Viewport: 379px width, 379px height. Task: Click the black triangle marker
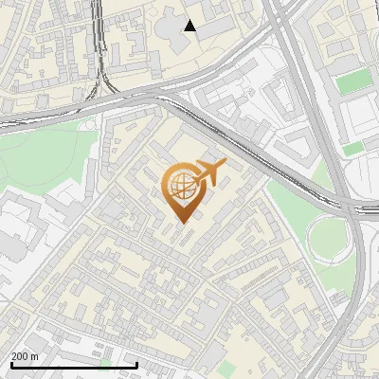click(190, 26)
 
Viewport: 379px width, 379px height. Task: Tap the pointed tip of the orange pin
click(181, 223)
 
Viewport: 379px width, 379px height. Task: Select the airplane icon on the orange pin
click(209, 173)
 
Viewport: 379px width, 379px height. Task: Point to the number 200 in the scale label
click(20, 356)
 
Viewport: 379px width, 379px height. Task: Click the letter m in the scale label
click(35, 356)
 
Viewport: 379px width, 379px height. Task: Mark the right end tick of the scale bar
click(137, 364)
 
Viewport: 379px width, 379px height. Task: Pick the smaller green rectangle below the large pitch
click(352, 149)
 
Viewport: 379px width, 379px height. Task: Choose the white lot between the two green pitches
click(358, 118)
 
